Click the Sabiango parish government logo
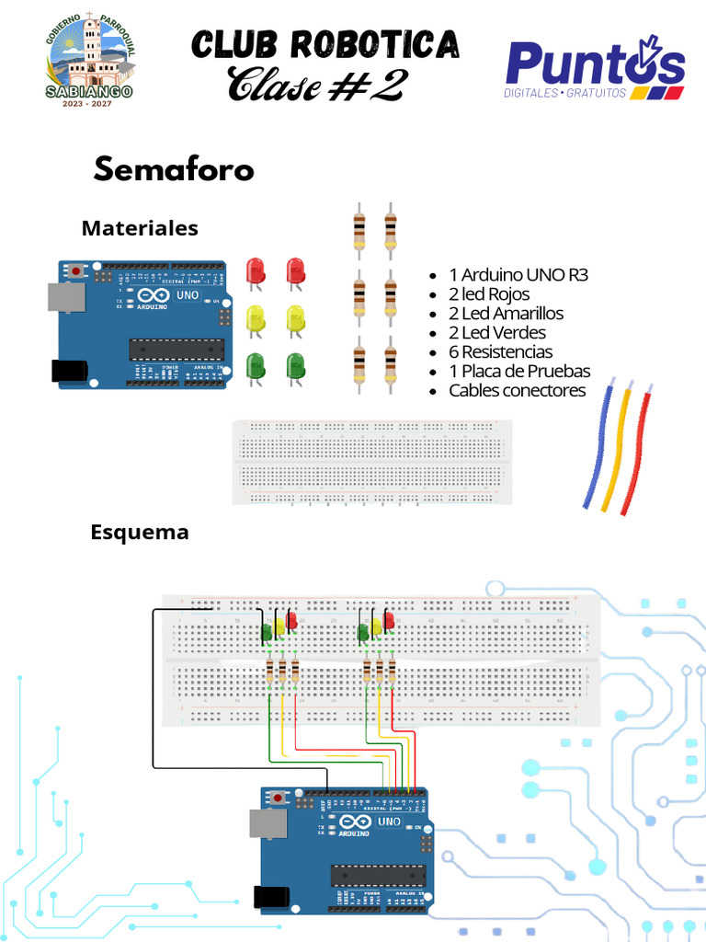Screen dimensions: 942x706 tap(89, 59)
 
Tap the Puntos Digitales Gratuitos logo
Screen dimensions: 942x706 tap(595, 68)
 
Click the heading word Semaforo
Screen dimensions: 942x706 tap(174, 170)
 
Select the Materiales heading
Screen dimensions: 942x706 tap(140, 227)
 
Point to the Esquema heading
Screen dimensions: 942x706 tap(140, 532)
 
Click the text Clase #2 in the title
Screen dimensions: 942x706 tap(316, 85)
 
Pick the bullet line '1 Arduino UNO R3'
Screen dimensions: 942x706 tap(518, 275)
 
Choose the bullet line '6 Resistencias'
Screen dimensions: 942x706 tap(500, 352)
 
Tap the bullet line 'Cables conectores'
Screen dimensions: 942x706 tap(517, 391)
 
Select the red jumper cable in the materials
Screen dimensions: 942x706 tap(638, 451)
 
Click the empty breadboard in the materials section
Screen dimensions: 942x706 tap(371, 461)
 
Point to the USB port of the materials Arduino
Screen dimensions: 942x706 tap(66, 296)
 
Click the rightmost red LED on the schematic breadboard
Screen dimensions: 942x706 tap(389, 621)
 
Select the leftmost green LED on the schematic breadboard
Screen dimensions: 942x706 tap(267, 632)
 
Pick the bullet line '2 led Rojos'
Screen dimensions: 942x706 tap(489, 294)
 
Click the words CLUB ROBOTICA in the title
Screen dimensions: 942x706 tap(325, 43)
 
